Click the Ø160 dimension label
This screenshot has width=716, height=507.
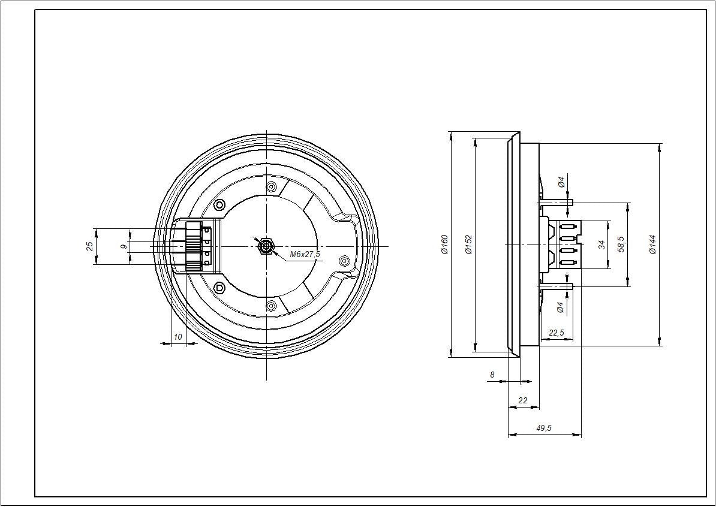[444, 245]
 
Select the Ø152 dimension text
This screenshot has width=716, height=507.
[469, 245]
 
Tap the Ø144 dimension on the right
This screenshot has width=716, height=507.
[653, 244]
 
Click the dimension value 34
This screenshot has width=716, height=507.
[601, 245]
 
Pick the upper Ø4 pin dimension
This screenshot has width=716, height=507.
[561, 182]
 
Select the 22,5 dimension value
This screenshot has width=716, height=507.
[556, 333]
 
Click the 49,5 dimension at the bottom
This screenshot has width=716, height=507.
[544, 428]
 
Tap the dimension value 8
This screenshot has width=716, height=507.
[492, 375]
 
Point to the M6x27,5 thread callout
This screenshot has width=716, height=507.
[305, 255]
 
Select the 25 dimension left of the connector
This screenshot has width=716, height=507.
[89, 246]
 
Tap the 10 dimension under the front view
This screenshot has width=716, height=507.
[178, 337]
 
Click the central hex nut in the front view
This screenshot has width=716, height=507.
[266, 246]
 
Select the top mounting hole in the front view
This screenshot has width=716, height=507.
[271, 187]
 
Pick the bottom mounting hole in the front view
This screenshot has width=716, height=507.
[271, 306]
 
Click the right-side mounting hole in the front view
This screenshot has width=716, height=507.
[344, 261]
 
